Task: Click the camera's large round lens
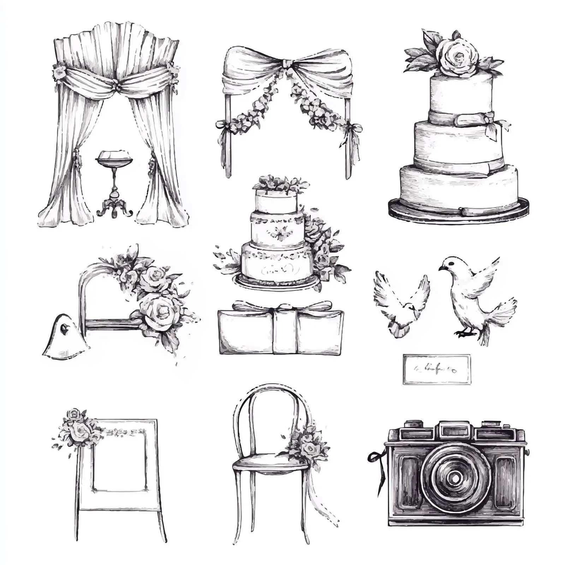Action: [x=456, y=477]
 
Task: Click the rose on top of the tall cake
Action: [x=457, y=56]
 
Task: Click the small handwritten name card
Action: [x=437, y=369]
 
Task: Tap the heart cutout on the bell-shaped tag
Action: [x=64, y=329]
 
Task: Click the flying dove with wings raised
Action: [x=401, y=300]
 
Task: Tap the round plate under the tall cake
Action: [x=459, y=211]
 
